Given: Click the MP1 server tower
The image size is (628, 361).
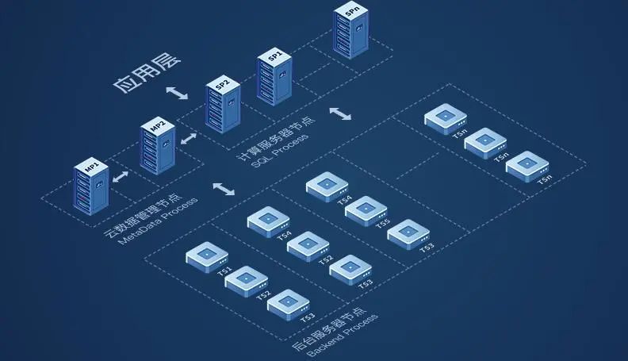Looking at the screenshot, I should click(x=91, y=187).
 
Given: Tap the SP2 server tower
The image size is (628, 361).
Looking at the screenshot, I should click(x=222, y=106).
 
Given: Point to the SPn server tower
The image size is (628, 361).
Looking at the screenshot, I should click(x=350, y=32).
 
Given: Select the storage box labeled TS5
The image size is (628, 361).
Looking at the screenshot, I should click(x=366, y=209).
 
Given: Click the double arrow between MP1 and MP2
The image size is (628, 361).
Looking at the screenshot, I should click(x=121, y=175).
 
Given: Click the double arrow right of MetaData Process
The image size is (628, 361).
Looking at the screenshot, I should click(x=224, y=190).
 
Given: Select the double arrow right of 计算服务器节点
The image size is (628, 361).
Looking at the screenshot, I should click(x=341, y=113).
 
